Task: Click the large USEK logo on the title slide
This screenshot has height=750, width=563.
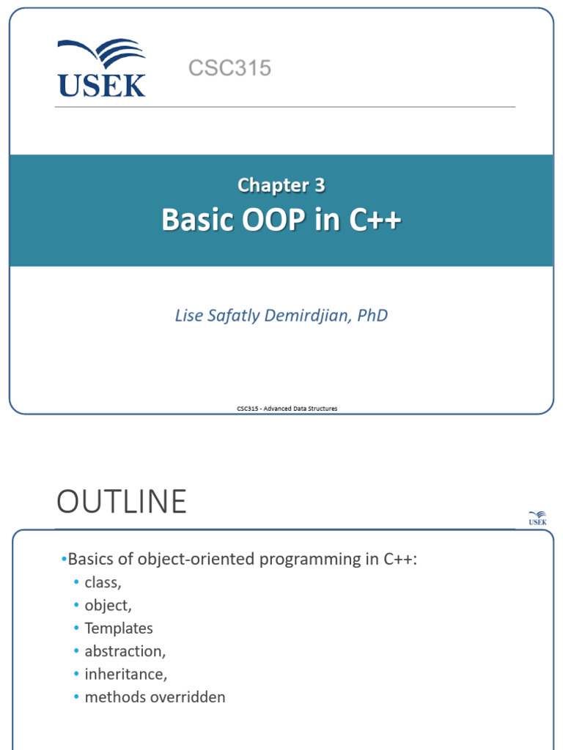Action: click(101, 69)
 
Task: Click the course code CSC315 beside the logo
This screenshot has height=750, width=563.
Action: click(229, 69)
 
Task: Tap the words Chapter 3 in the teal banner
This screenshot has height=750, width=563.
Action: click(281, 186)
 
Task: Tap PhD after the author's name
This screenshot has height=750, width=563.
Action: click(372, 316)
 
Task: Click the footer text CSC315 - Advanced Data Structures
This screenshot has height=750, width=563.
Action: click(287, 409)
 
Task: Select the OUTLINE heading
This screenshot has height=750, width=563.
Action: click(122, 502)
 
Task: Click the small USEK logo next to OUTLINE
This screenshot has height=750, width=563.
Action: click(537, 518)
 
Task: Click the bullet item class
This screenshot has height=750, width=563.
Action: click(103, 583)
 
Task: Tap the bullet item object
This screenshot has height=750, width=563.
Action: click(108, 606)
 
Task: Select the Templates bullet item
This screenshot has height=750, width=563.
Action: click(119, 628)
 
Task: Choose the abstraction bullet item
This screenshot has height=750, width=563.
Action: click(125, 651)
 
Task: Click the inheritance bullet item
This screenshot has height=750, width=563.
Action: click(125, 674)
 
